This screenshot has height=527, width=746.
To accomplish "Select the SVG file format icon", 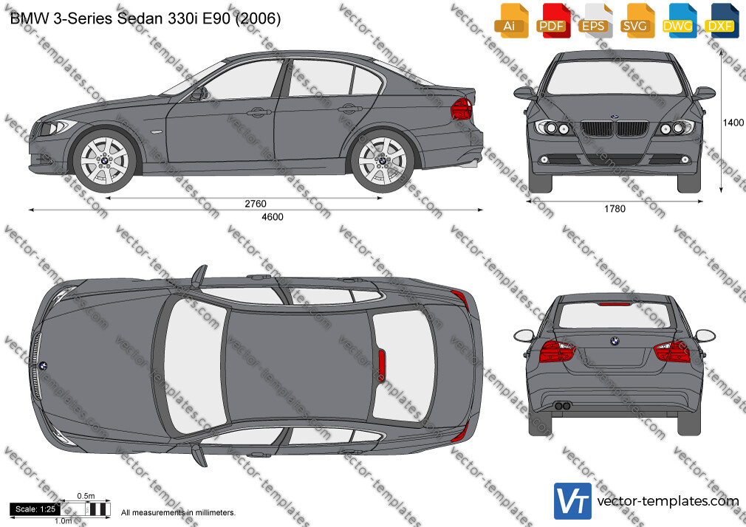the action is pos(636,21).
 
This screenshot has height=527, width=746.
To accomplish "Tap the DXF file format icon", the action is pos(721,21).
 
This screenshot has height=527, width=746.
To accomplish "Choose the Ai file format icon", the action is pos(510,21).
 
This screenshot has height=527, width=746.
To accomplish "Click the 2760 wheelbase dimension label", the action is pos(256,204).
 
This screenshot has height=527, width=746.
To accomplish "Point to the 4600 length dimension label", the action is pos(273,217).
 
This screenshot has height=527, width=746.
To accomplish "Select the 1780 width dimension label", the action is pos(615,209).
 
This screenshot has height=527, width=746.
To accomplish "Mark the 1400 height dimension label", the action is pos(733,123).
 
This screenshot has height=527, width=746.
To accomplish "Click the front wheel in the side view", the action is pos(105,161).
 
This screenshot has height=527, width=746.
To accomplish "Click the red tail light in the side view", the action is pos(461,109).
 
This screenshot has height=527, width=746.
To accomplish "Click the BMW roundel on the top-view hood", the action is pos(43,366).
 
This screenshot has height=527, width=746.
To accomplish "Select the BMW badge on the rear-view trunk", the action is pos(615,341).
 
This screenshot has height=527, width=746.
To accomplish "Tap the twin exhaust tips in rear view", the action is pos(563,406).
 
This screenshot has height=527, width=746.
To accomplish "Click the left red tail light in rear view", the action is pos(557,351).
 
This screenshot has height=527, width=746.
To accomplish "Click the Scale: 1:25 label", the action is pos(35,509).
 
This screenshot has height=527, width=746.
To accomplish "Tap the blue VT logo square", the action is pos(573,501).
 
